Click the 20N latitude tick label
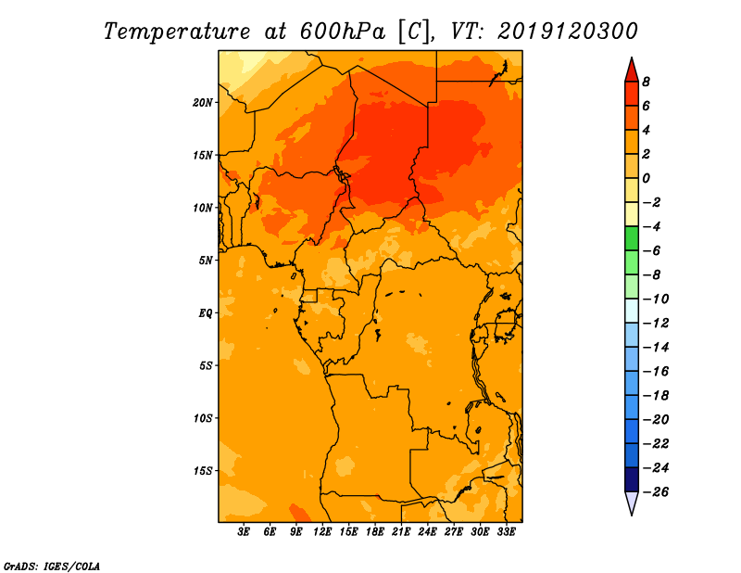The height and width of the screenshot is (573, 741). click(202, 103)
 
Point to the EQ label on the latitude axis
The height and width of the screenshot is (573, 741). click(205, 313)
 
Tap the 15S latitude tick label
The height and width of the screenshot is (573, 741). click(202, 471)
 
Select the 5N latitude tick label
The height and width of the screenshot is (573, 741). click(205, 261)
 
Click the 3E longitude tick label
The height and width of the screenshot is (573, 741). click(244, 532)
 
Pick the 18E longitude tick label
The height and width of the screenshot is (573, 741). click(375, 532)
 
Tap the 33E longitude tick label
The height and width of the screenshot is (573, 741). click(506, 532)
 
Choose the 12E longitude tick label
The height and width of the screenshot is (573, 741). click(322, 532)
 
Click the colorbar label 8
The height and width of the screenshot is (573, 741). click(646, 82)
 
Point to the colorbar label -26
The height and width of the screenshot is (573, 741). click(656, 492)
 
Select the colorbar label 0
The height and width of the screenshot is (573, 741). click(646, 178)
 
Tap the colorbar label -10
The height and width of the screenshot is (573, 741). click(656, 299)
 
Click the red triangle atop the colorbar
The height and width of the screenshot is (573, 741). click(632, 70)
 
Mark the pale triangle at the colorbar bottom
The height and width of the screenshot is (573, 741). click(632, 503)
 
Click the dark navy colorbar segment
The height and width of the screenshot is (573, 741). click(632, 479)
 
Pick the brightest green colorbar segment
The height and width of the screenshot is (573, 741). click(632, 239)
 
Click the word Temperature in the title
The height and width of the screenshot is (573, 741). click(177, 32)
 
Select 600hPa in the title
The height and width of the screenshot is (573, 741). click(343, 32)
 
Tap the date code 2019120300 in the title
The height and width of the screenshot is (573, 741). click(568, 32)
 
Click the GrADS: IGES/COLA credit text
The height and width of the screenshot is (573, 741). click(52, 567)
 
